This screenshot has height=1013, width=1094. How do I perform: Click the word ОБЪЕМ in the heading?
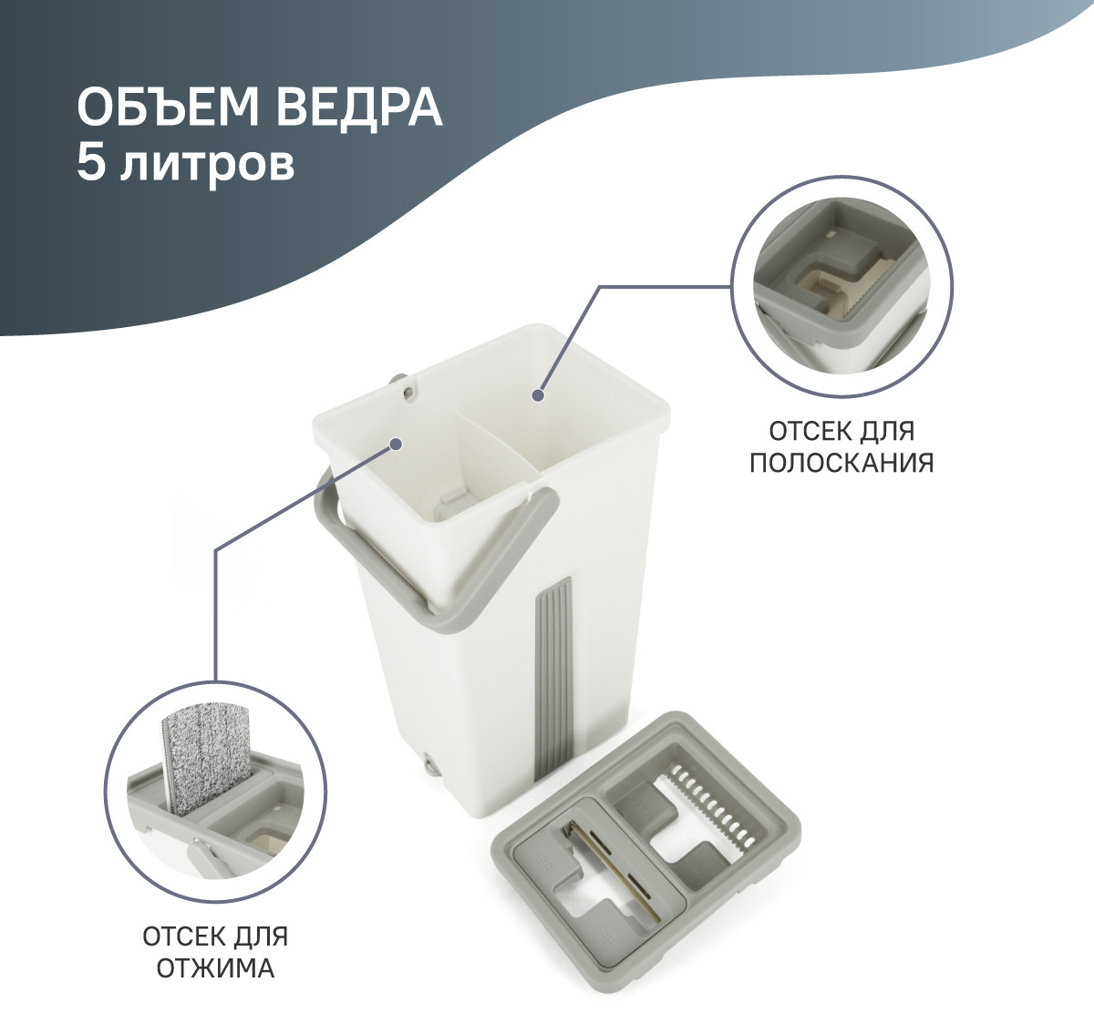tap(168, 107)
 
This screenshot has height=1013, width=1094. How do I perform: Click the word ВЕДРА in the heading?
tap(359, 108)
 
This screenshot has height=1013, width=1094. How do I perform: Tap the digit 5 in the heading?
tap(91, 163)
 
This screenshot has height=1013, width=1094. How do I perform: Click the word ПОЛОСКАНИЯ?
tap(841, 463)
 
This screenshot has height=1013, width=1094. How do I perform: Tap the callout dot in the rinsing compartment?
tap(538, 394)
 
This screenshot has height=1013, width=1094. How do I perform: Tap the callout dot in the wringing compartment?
tap(395, 445)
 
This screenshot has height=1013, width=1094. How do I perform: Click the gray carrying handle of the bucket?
tap(435, 567)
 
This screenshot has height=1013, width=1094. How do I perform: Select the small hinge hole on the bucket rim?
tap(408, 392)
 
